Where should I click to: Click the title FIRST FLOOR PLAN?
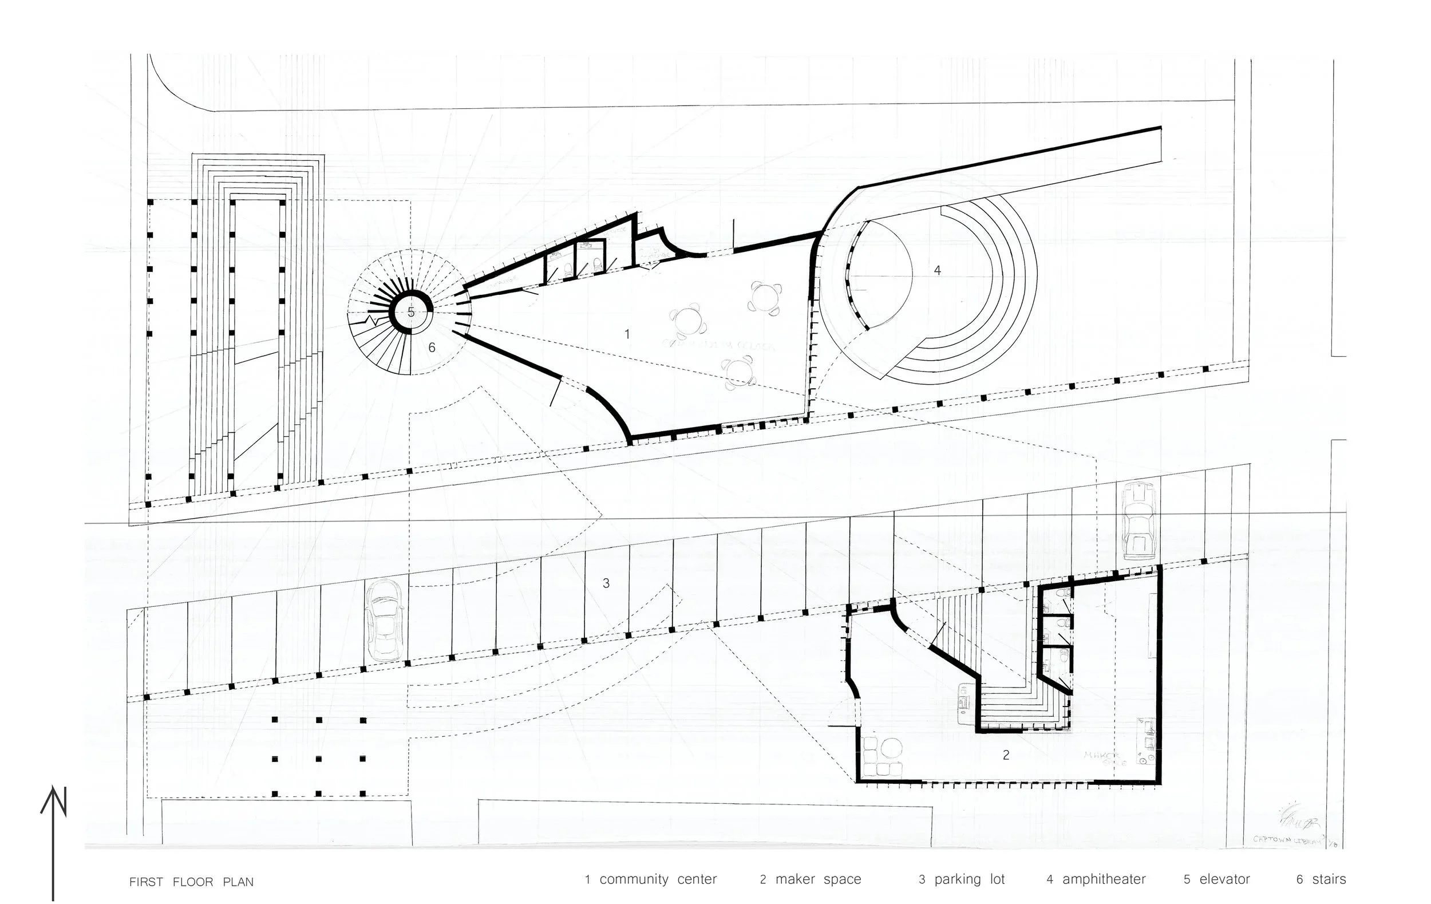tap(191, 882)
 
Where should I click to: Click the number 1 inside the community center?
tap(627, 334)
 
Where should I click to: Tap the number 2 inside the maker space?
tap(1006, 755)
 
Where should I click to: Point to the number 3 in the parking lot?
tap(606, 583)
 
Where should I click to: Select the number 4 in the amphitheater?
tap(937, 270)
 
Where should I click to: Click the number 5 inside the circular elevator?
tap(410, 312)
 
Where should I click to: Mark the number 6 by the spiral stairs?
tap(432, 347)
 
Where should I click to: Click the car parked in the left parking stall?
tap(386, 621)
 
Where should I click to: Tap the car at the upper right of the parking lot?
tap(1138, 520)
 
